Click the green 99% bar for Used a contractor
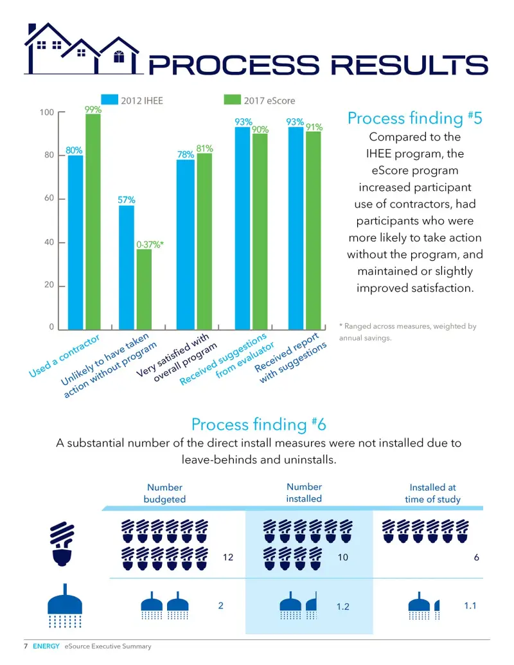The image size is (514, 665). point(93,222)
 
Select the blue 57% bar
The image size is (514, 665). point(127,268)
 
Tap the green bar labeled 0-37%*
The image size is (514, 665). point(144,289)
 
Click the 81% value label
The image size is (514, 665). point(204,148)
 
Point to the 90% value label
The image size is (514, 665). point(260,129)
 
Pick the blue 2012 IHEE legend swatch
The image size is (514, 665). point(109,99)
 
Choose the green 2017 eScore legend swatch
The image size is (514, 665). point(232,99)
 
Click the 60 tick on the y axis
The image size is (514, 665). point(49,198)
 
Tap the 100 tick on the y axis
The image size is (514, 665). point(47,112)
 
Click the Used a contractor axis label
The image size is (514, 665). point(64,356)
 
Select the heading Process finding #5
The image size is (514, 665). point(415,118)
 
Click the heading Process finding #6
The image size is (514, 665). point(259,424)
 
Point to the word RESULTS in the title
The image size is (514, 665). point(409,66)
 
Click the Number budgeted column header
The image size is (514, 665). point(164,493)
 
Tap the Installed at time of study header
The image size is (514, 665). point(432,493)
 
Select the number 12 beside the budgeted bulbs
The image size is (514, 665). point(228,557)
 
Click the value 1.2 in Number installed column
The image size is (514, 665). point(342,607)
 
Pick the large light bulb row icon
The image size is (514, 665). point(62,544)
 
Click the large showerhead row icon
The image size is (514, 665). point(64,606)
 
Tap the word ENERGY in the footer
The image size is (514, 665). point(46,646)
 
